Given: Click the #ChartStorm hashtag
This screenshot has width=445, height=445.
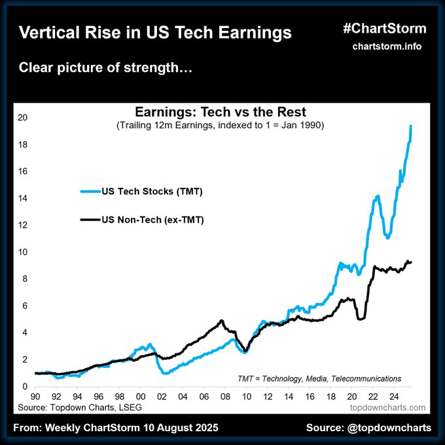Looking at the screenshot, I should (x=384, y=28).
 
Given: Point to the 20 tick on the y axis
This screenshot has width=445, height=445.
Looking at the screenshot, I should (x=22, y=118).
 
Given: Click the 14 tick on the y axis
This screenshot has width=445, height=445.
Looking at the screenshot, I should (x=22, y=198).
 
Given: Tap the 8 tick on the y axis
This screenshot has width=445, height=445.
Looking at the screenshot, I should (x=22, y=279).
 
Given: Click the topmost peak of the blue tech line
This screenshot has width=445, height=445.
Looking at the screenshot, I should (x=410, y=126).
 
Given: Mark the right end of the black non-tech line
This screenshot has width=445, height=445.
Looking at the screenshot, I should (x=411, y=262).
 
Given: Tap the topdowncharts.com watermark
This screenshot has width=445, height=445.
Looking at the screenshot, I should (x=386, y=407).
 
